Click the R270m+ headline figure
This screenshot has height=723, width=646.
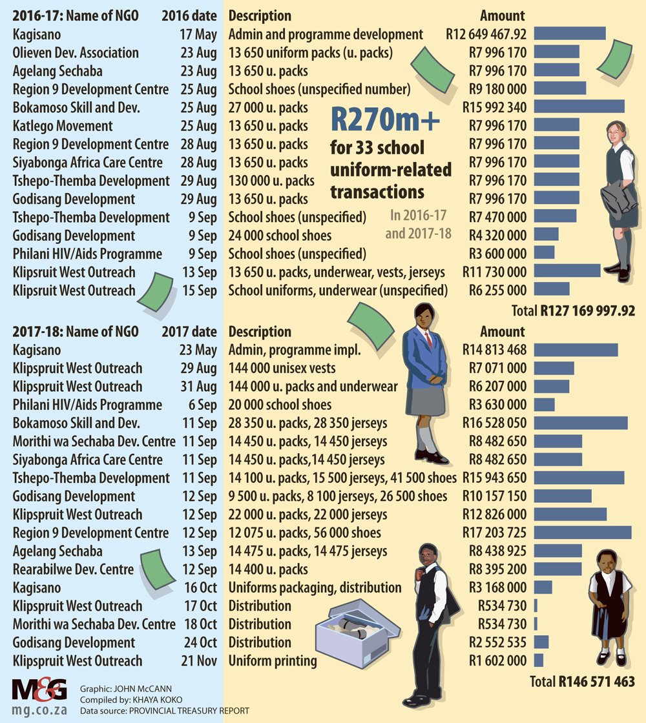[385, 120]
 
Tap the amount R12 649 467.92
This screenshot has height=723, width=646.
[486, 34]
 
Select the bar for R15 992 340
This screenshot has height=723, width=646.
[579, 107]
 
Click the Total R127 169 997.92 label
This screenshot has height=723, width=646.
[573, 311]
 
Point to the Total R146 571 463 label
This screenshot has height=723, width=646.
[582, 682]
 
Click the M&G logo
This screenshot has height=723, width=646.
[39, 690]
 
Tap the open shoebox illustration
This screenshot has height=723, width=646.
[358, 633]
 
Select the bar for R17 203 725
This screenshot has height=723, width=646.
[583, 533]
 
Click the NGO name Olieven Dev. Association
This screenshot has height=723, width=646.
[76, 52]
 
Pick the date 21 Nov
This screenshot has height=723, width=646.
[199, 661]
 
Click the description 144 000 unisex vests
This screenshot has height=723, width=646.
[282, 368]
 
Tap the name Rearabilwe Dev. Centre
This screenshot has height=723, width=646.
[73, 569]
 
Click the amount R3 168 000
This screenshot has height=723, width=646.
[497, 587]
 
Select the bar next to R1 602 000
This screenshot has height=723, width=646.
[539, 661]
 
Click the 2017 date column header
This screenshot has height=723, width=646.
[189, 332]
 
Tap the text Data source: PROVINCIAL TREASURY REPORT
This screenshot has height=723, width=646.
[164, 711]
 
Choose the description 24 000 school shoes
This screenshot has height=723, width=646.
[280, 236]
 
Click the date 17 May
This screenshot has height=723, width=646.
[198, 35]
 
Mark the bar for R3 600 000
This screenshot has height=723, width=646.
[545, 252]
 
